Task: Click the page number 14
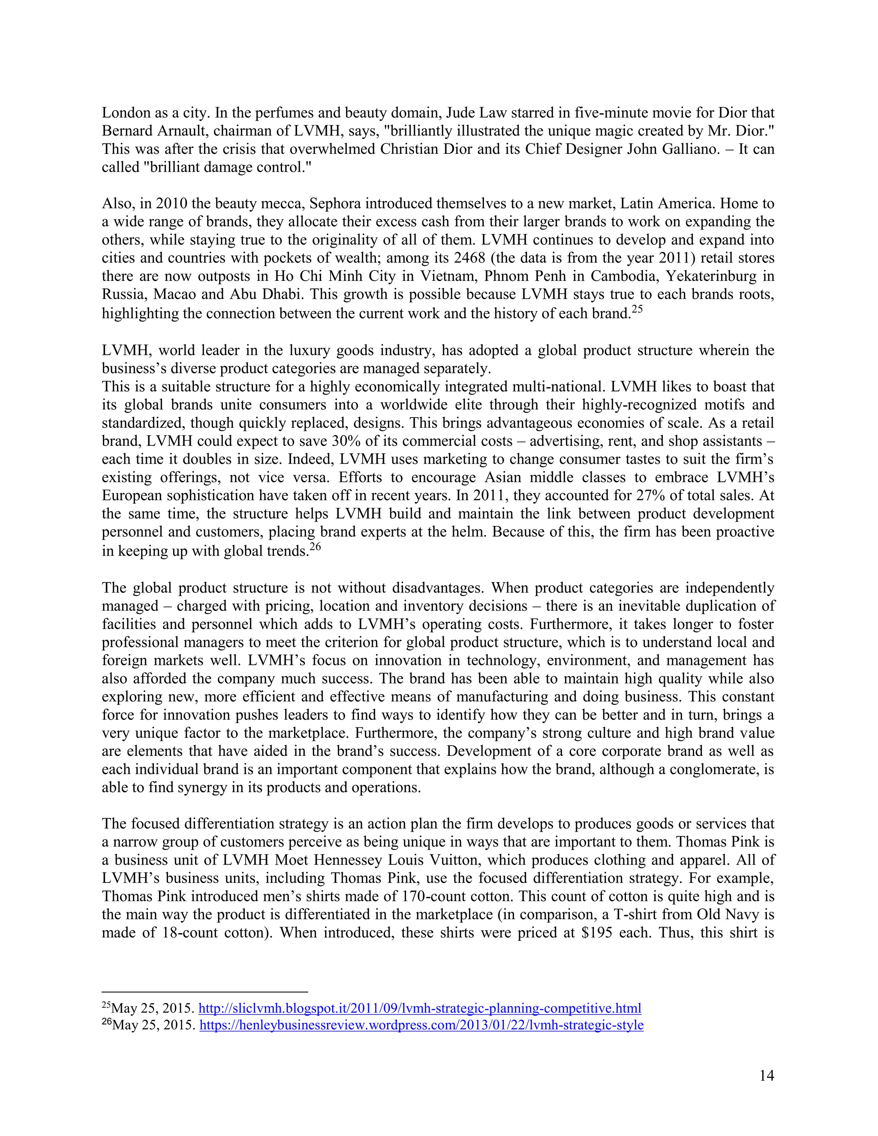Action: [x=766, y=1076]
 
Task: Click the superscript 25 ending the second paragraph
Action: [x=637, y=310]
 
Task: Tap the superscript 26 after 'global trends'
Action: [x=315, y=547]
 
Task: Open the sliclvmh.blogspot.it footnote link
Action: [x=420, y=1008]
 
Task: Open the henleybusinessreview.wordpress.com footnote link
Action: [x=421, y=1025]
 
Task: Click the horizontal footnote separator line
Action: [x=205, y=992]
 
